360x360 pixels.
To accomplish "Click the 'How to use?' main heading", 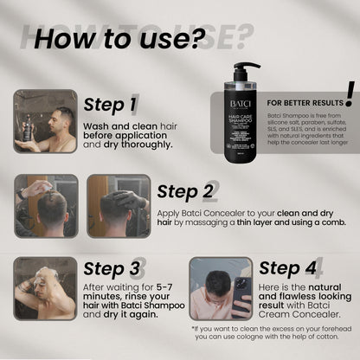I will [131, 38].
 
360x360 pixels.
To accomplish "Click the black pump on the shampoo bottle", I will [247, 69].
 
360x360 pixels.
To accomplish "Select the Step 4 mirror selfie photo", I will [221, 287].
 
